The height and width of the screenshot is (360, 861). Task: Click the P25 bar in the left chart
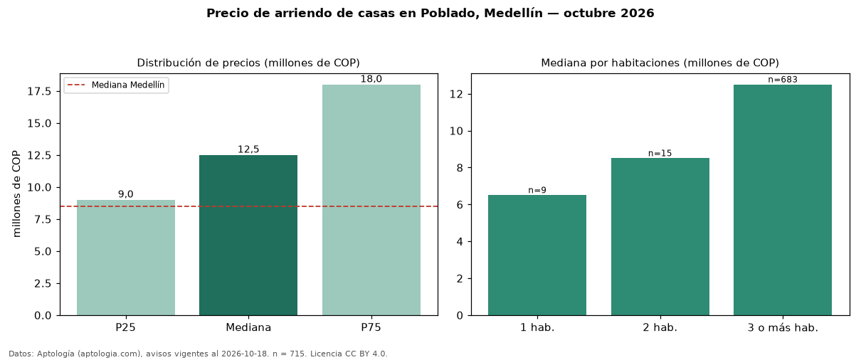point(126,258)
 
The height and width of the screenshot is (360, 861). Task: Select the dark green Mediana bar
point(248,235)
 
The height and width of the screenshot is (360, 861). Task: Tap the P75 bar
point(371,200)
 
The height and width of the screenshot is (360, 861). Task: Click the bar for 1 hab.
point(537,255)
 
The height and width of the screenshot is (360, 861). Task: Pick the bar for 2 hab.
point(660,237)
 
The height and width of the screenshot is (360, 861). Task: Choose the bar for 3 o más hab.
point(783,200)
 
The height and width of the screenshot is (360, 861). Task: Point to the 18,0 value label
point(371,79)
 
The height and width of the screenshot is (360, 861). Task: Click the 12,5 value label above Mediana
point(248,149)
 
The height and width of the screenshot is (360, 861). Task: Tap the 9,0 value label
point(126,194)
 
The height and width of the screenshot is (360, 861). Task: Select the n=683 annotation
point(783,80)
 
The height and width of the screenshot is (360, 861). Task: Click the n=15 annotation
point(660,153)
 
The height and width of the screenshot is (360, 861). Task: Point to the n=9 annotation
point(537,190)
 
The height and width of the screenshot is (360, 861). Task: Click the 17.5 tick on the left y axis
point(39,92)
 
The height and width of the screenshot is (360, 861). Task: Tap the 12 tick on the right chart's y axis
point(456,95)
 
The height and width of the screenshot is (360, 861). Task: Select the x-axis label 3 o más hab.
point(783,328)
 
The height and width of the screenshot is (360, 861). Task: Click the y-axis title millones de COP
point(16,194)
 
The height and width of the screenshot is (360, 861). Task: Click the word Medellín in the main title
point(513,13)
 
